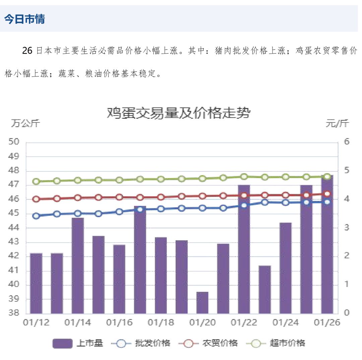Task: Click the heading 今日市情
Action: [x=24, y=19]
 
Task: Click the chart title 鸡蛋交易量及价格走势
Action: [x=178, y=113]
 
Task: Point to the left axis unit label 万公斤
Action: [x=25, y=123]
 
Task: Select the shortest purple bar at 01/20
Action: [x=202, y=302]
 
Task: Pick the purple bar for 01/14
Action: [x=77, y=265]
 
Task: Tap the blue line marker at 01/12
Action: [x=36, y=216]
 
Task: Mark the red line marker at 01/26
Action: [x=327, y=194]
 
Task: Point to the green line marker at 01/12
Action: [x=36, y=182]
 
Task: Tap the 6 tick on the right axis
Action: [x=347, y=142]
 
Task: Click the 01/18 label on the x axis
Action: [x=161, y=323]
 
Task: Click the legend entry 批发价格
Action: [x=141, y=343]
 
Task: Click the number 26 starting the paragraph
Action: [x=27, y=51]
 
